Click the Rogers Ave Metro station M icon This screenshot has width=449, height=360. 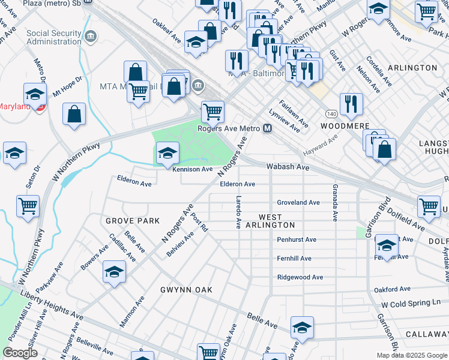point(267,129)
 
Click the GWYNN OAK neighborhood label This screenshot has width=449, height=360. point(186,290)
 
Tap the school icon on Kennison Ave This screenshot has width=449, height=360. point(167,154)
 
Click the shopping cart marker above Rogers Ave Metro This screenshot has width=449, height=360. point(212,112)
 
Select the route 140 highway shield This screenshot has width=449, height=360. point(331,113)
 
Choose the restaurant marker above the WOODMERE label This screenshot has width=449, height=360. point(351,104)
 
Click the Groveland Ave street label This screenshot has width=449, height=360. point(298,203)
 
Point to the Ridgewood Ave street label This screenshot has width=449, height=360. point(300,277)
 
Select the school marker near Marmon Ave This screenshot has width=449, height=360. point(115,272)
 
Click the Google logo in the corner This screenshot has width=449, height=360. point(20,353)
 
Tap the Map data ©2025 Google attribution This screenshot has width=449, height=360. point(411,355)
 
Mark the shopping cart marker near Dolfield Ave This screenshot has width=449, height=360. point(429,206)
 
